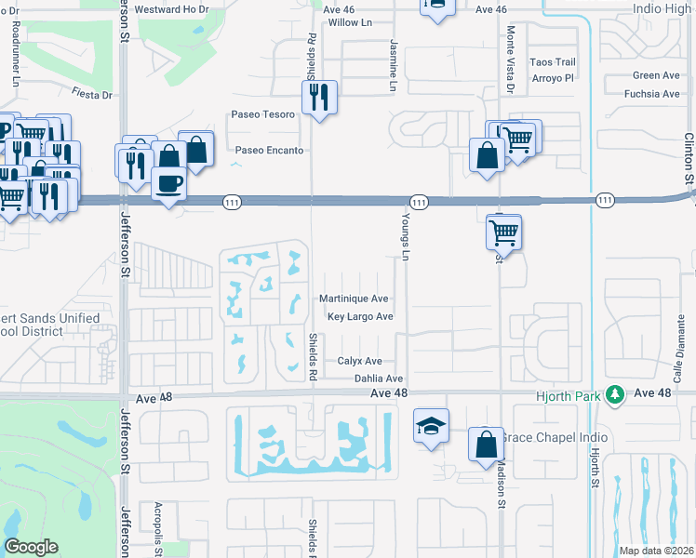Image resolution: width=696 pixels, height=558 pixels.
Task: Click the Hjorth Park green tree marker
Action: point(613,394)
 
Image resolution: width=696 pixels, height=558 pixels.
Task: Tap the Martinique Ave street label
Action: point(354,299)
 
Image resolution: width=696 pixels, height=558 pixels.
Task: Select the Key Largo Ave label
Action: point(359,317)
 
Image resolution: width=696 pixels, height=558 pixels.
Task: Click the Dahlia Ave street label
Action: point(379,379)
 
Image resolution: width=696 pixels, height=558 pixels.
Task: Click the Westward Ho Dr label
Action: point(168,10)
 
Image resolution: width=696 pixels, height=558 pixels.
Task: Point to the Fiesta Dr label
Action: point(92,94)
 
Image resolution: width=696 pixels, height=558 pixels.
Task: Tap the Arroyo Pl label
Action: point(552,78)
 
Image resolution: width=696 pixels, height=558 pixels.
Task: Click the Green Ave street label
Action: point(656,75)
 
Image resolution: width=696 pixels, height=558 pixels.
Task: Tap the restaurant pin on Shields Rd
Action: point(318,97)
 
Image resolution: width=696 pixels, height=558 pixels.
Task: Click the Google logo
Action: point(31,547)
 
